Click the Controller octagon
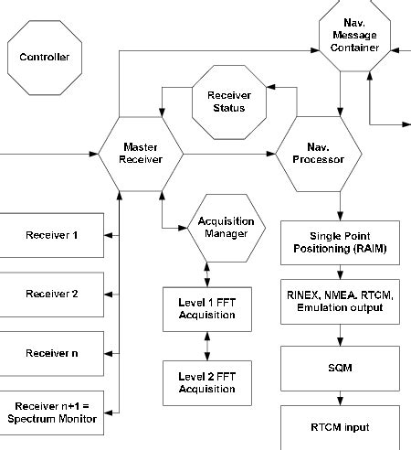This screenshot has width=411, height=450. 45,57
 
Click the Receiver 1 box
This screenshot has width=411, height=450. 51,236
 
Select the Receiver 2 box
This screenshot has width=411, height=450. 51,294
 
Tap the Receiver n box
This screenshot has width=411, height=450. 51,351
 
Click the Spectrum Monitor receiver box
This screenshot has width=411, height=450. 51,411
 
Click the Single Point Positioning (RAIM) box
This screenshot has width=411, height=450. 340,241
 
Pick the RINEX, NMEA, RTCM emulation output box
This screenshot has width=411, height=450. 340,301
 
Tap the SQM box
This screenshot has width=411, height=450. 340,367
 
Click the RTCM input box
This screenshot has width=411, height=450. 340,426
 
